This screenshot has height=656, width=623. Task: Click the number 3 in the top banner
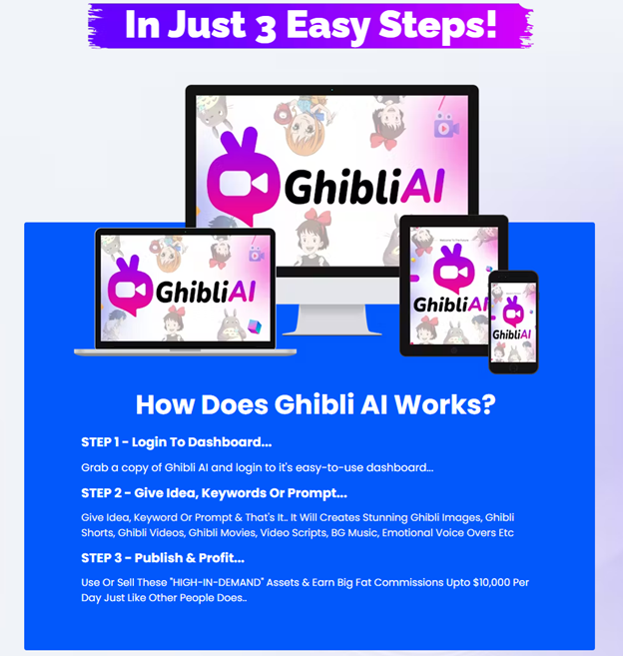click(x=266, y=28)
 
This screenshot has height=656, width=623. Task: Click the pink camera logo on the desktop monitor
click(x=243, y=177)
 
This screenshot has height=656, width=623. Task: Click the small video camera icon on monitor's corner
click(x=445, y=126)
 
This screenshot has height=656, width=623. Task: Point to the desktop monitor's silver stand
click(x=332, y=321)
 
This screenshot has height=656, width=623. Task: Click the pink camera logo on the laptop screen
click(x=130, y=286)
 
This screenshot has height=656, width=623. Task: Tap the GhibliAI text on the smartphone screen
click(x=512, y=334)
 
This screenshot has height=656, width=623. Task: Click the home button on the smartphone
click(x=513, y=367)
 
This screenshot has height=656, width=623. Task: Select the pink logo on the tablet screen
click(x=452, y=269)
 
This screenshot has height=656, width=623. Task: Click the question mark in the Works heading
click(x=487, y=405)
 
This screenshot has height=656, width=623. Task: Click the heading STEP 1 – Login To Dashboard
click(x=176, y=442)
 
